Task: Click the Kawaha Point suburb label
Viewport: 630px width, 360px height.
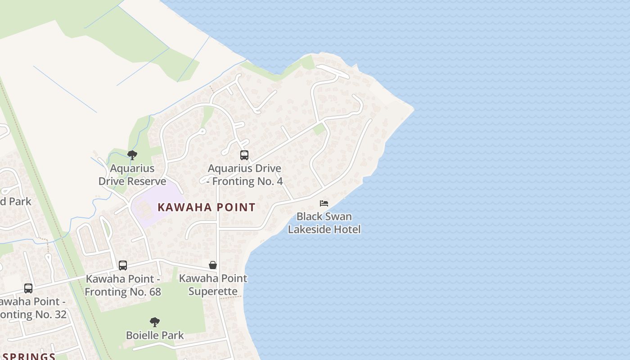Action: tap(207, 207)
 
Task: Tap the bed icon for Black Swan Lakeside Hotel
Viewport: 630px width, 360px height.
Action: tap(324, 203)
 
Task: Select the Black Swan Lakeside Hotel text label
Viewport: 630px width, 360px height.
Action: tap(324, 223)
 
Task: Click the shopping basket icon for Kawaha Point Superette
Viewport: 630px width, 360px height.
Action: tap(213, 265)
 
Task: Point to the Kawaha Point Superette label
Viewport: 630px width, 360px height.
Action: tap(213, 284)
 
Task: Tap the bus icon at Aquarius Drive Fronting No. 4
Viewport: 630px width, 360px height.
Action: tap(244, 155)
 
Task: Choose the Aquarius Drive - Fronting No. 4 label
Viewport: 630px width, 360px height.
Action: tap(245, 175)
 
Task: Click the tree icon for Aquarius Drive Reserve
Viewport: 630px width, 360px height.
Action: tap(132, 156)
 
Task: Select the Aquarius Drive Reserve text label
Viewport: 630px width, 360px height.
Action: tap(132, 175)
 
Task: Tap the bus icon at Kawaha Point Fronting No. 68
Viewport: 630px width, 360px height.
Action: tap(123, 265)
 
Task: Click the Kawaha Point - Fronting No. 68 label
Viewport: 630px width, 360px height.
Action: tap(123, 285)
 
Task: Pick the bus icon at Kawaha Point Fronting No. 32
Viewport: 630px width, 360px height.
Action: tap(28, 288)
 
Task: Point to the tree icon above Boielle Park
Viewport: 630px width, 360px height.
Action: tap(155, 322)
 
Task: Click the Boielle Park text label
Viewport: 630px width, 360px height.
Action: tap(155, 335)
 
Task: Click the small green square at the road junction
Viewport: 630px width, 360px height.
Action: tap(319, 130)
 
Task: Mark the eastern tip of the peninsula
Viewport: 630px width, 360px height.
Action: tap(413, 108)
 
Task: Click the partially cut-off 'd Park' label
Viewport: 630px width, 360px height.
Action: tap(15, 201)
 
